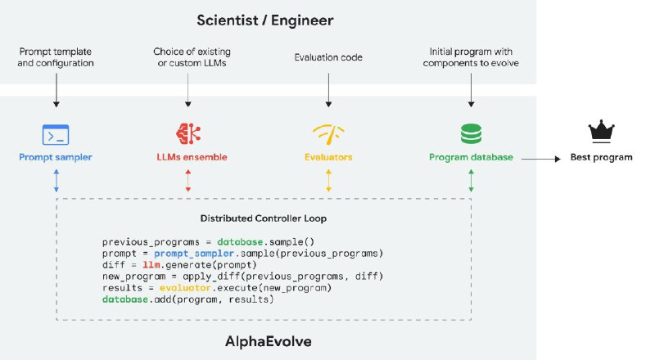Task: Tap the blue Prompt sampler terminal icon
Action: [x=56, y=133]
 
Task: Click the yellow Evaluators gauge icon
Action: [x=328, y=133]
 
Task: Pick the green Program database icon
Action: [x=470, y=133]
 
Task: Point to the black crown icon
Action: [x=602, y=132]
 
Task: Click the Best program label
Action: [x=602, y=156]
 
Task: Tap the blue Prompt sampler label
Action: [x=56, y=156]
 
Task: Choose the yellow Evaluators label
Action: [x=328, y=156]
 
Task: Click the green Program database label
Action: [x=470, y=156]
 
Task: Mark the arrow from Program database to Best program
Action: [x=540, y=156]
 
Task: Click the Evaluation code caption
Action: [x=328, y=58]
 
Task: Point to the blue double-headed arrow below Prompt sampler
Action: [x=56, y=182]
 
